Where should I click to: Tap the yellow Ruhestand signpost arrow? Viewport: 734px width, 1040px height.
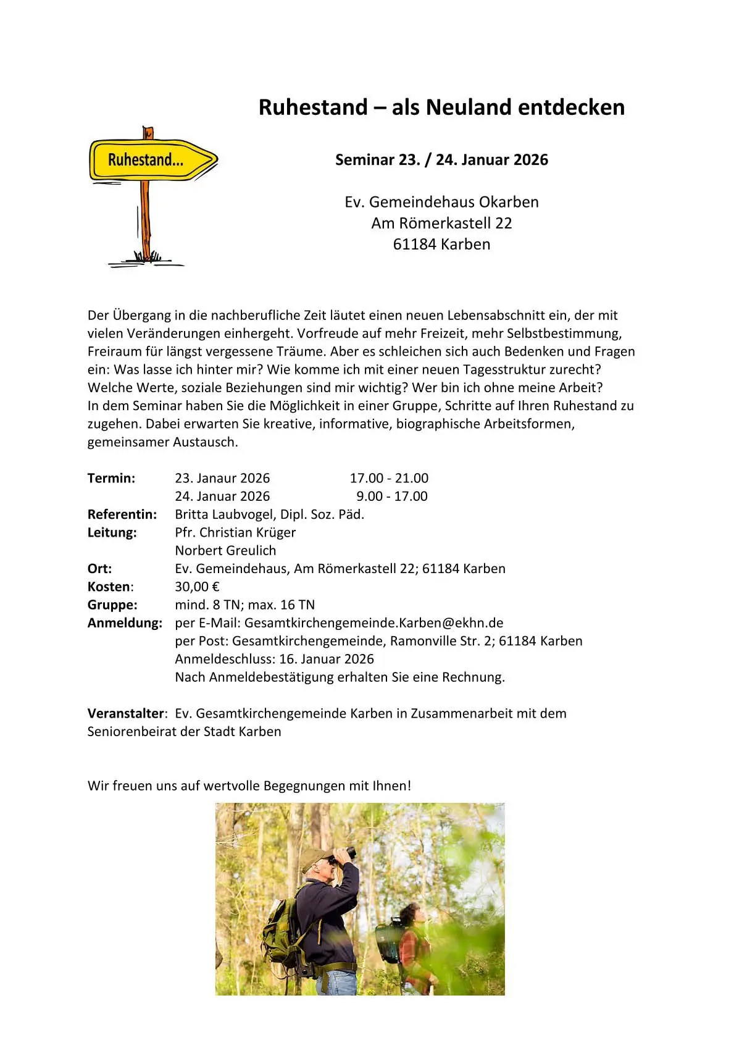(152, 160)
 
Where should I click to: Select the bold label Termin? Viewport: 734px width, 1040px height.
(111, 478)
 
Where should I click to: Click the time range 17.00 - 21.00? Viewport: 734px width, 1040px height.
(389, 478)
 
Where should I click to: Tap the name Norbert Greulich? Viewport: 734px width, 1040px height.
(225, 550)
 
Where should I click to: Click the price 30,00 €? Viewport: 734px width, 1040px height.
(197, 587)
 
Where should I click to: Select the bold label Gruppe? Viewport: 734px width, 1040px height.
(112, 605)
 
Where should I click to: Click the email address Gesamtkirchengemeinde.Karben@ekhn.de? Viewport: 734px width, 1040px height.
(373, 623)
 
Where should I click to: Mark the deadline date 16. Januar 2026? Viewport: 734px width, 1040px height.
(327, 659)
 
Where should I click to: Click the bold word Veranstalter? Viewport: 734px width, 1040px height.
(125, 713)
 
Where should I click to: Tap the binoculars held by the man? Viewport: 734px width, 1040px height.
(344, 855)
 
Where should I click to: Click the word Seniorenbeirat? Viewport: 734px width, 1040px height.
(131, 732)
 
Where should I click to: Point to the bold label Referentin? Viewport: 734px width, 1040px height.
(122, 514)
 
